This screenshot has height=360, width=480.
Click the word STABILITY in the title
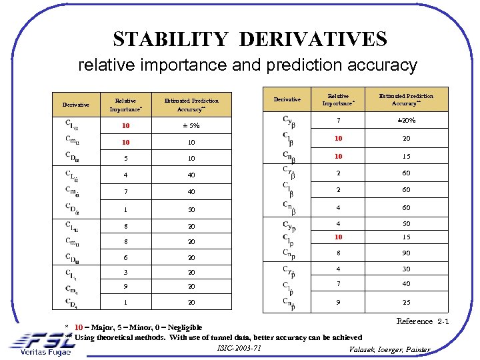[x=171, y=39]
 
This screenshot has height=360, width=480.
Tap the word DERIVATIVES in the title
[x=312, y=39]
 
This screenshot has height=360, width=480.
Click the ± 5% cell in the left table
[x=191, y=125]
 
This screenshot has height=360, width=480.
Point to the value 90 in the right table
[x=405, y=253]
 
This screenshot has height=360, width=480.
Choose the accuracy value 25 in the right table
[x=405, y=302]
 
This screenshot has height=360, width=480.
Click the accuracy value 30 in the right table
[x=405, y=269]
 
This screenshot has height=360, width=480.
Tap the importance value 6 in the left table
[x=125, y=258]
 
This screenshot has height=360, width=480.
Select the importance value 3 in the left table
[x=125, y=273]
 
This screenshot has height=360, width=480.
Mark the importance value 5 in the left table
[x=125, y=159]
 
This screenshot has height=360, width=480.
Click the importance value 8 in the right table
[x=338, y=253]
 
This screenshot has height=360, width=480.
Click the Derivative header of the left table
[x=76, y=105]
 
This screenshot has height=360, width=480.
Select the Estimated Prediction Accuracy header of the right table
[x=405, y=99]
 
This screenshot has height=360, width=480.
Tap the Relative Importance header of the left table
[x=125, y=105]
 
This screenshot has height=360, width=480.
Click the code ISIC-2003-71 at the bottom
[x=239, y=348]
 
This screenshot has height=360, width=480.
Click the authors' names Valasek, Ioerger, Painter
[x=390, y=350]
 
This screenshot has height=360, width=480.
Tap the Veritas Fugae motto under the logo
[x=45, y=351]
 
